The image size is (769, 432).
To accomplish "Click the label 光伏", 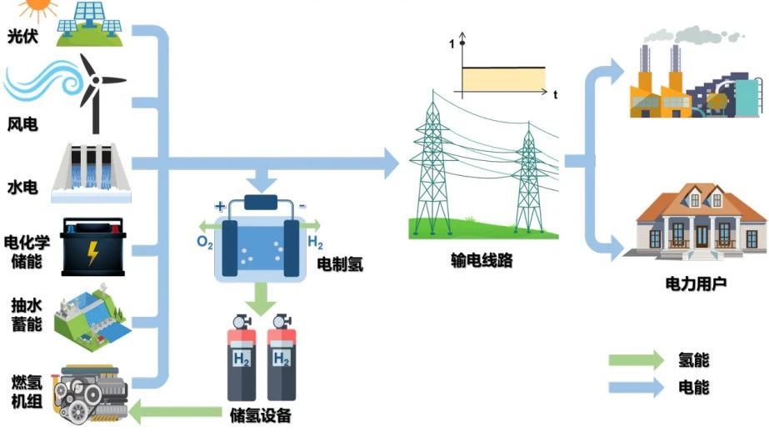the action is [x=22, y=36].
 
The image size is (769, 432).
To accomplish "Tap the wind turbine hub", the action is [x=96, y=80].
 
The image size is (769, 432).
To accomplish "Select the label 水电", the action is [x=22, y=187].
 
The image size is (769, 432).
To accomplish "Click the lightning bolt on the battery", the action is [x=92, y=253].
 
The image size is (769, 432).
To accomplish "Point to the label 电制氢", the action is [x=340, y=264].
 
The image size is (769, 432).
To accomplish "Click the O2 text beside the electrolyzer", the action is [x=204, y=242].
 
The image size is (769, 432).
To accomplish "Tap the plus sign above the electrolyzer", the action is [x=220, y=206].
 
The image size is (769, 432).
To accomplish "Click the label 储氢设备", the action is [x=261, y=415].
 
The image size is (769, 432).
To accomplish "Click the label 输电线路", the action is [x=482, y=259].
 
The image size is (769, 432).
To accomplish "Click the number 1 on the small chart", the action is [x=452, y=44].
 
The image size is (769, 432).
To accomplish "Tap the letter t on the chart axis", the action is [x=555, y=95].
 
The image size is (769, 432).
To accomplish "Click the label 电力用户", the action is [x=696, y=284].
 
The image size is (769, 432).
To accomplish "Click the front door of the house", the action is [x=702, y=237].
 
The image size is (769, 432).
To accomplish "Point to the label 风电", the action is [x=22, y=124].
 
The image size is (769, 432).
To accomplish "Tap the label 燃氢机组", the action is [x=27, y=391].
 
